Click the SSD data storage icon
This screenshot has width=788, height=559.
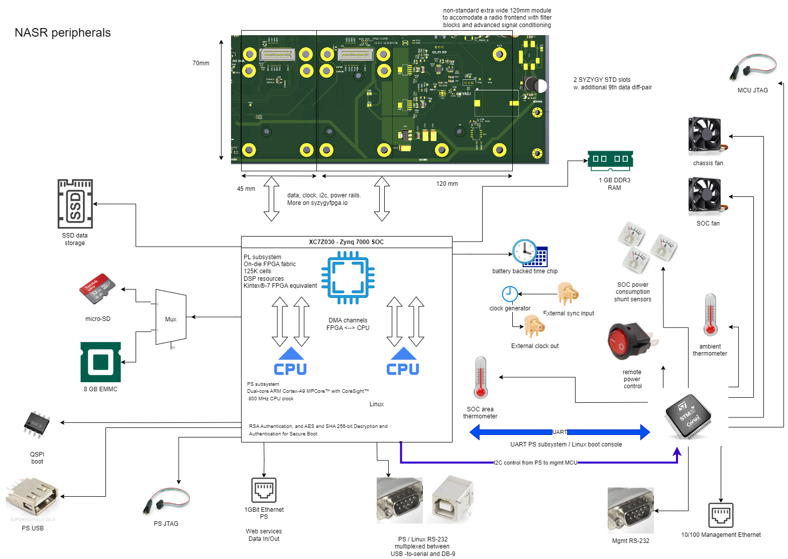tap(75, 204)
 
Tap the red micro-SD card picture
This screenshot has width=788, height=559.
tap(97, 289)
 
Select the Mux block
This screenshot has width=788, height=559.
tap(171, 318)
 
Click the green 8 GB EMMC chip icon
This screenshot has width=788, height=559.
tap(100, 362)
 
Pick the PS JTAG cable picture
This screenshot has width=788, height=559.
tap(166, 500)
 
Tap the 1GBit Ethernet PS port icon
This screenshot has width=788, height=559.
tap(264, 490)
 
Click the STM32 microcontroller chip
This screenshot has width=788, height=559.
tap(688, 416)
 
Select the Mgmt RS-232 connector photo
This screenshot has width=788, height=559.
tap(630, 510)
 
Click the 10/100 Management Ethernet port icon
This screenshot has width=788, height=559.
tap(721, 515)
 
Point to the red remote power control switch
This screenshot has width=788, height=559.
tap(630, 342)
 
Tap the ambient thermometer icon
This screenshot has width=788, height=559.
tap(710, 315)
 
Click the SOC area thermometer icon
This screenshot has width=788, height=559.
tap(481, 378)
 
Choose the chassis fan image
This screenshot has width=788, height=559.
tap(706, 135)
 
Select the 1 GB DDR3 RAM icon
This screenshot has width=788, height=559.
tap(610, 159)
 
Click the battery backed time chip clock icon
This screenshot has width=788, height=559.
tap(529, 253)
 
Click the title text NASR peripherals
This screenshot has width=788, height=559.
tap(63, 33)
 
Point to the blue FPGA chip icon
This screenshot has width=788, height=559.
tap(348, 278)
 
